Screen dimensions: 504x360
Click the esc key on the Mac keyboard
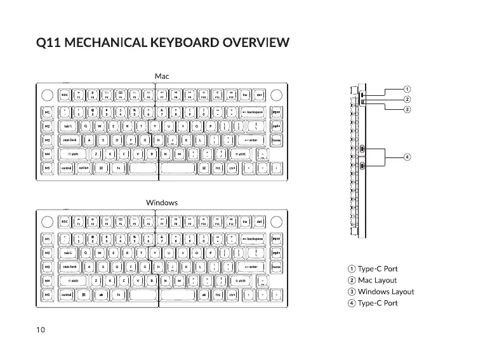point(65,96)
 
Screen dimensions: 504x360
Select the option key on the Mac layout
point(84,168)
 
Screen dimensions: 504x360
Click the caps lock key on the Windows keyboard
point(69,267)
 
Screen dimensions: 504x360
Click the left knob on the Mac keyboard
point(47,95)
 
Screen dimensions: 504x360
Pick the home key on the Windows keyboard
point(276,267)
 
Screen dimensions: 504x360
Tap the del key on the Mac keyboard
point(260,96)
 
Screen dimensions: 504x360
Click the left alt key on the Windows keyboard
point(100,295)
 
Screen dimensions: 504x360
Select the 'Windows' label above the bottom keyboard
point(162,203)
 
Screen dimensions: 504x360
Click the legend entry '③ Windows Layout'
point(381,292)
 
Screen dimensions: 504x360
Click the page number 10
point(40,330)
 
